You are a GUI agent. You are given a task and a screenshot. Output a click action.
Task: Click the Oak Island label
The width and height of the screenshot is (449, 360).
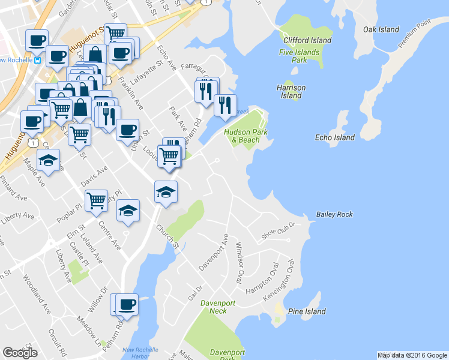pos(381,29)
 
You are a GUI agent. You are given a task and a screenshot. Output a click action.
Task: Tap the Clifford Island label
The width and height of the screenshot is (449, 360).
pos(307,40)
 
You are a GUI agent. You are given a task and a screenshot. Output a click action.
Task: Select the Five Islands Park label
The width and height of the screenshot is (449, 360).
pos(299,56)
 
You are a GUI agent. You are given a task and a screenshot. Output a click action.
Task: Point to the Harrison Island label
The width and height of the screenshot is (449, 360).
pos(291,91)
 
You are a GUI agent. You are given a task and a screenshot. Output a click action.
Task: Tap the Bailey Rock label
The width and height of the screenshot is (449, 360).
pos(334,214)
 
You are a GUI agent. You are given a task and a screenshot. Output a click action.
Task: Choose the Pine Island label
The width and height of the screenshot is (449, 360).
pos(307,311)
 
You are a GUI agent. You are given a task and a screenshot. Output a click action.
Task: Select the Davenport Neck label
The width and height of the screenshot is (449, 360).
pos(214,307)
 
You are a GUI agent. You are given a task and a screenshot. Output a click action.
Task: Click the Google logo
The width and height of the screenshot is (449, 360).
pos(20,353)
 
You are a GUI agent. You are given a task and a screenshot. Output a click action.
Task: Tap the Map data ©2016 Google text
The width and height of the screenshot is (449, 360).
pos(412,355)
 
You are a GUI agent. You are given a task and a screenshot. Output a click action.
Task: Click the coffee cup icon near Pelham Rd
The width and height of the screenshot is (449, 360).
pos(127,304)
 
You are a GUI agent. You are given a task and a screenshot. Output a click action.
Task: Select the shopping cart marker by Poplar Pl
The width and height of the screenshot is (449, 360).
pos(96,200)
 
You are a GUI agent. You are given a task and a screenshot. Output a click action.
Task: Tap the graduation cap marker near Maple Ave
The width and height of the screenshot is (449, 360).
pos(49,160)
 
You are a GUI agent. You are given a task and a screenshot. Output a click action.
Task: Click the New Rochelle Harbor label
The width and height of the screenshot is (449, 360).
pos(140,352)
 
